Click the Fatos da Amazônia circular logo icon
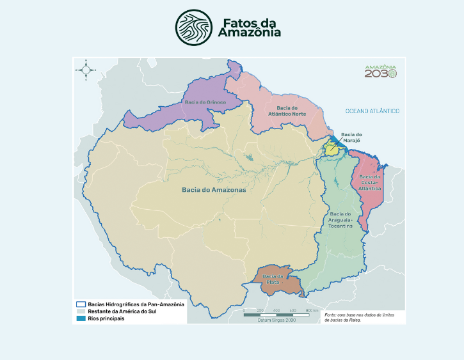[194, 27]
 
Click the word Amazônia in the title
[249, 33]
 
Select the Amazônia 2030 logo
[380, 71]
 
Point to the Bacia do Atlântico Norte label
[291, 111]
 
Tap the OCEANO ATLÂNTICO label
[372, 111]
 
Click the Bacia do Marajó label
[351, 137]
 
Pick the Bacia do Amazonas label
[214, 190]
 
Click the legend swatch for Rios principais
[81, 318]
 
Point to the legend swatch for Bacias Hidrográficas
[81, 304]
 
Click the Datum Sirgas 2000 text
[276, 320]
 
